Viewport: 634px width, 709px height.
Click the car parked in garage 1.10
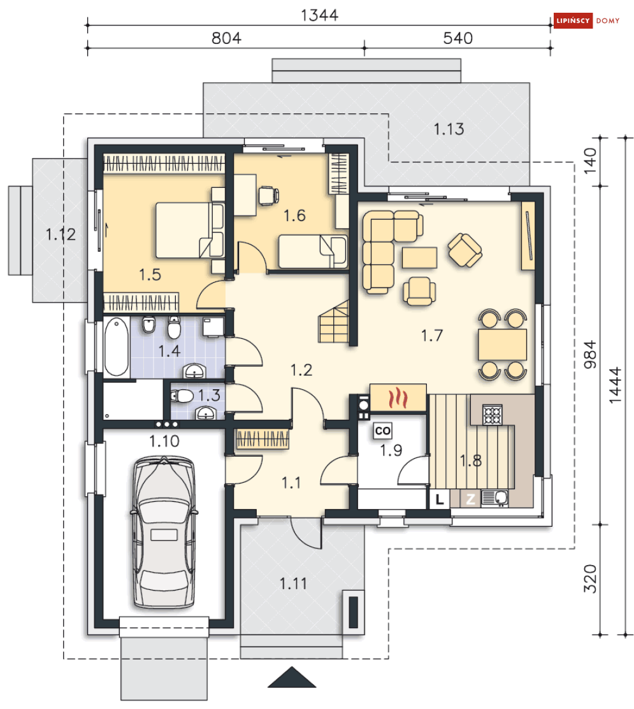[x=164, y=533]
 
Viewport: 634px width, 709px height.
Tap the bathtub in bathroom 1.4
[x=116, y=347]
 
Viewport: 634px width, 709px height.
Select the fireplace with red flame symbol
[x=398, y=398]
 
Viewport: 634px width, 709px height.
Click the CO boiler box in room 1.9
[x=382, y=431]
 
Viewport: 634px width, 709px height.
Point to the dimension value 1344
[x=319, y=15]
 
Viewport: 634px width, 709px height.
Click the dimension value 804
[x=226, y=38]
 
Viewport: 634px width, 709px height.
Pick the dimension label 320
[x=590, y=579]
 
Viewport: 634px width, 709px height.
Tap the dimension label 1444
[x=616, y=385]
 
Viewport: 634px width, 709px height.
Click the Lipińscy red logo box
[x=573, y=21]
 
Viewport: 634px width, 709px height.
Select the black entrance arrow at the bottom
[x=292, y=677]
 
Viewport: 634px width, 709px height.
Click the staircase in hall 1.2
[x=334, y=321]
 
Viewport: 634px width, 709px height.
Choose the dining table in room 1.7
[x=502, y=345]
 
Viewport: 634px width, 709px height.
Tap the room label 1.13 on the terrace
[x=449, y=129]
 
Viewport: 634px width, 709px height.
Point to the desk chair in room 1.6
[x=268, y=196]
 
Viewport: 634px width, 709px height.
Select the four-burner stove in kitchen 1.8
[x=493, y=414]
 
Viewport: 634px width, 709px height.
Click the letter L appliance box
[x=439, y=499]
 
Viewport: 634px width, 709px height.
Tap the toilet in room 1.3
[x=182, y=397]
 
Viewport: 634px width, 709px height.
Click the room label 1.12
[x=61, y=234]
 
